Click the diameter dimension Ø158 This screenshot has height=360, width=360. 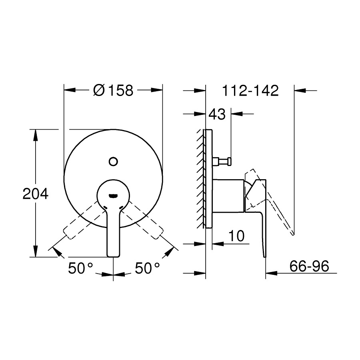point(113,90)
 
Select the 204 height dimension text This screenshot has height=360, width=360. point(35,194)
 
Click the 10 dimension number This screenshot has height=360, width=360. point(236,236)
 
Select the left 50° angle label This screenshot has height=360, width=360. point(80,268)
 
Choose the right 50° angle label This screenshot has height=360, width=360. point(147,268)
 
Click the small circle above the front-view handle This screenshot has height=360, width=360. point(113,161)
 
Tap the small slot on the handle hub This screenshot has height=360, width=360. point(113,196)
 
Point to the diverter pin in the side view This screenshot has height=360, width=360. point(222,161)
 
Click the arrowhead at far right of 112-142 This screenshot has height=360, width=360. point(300,91)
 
